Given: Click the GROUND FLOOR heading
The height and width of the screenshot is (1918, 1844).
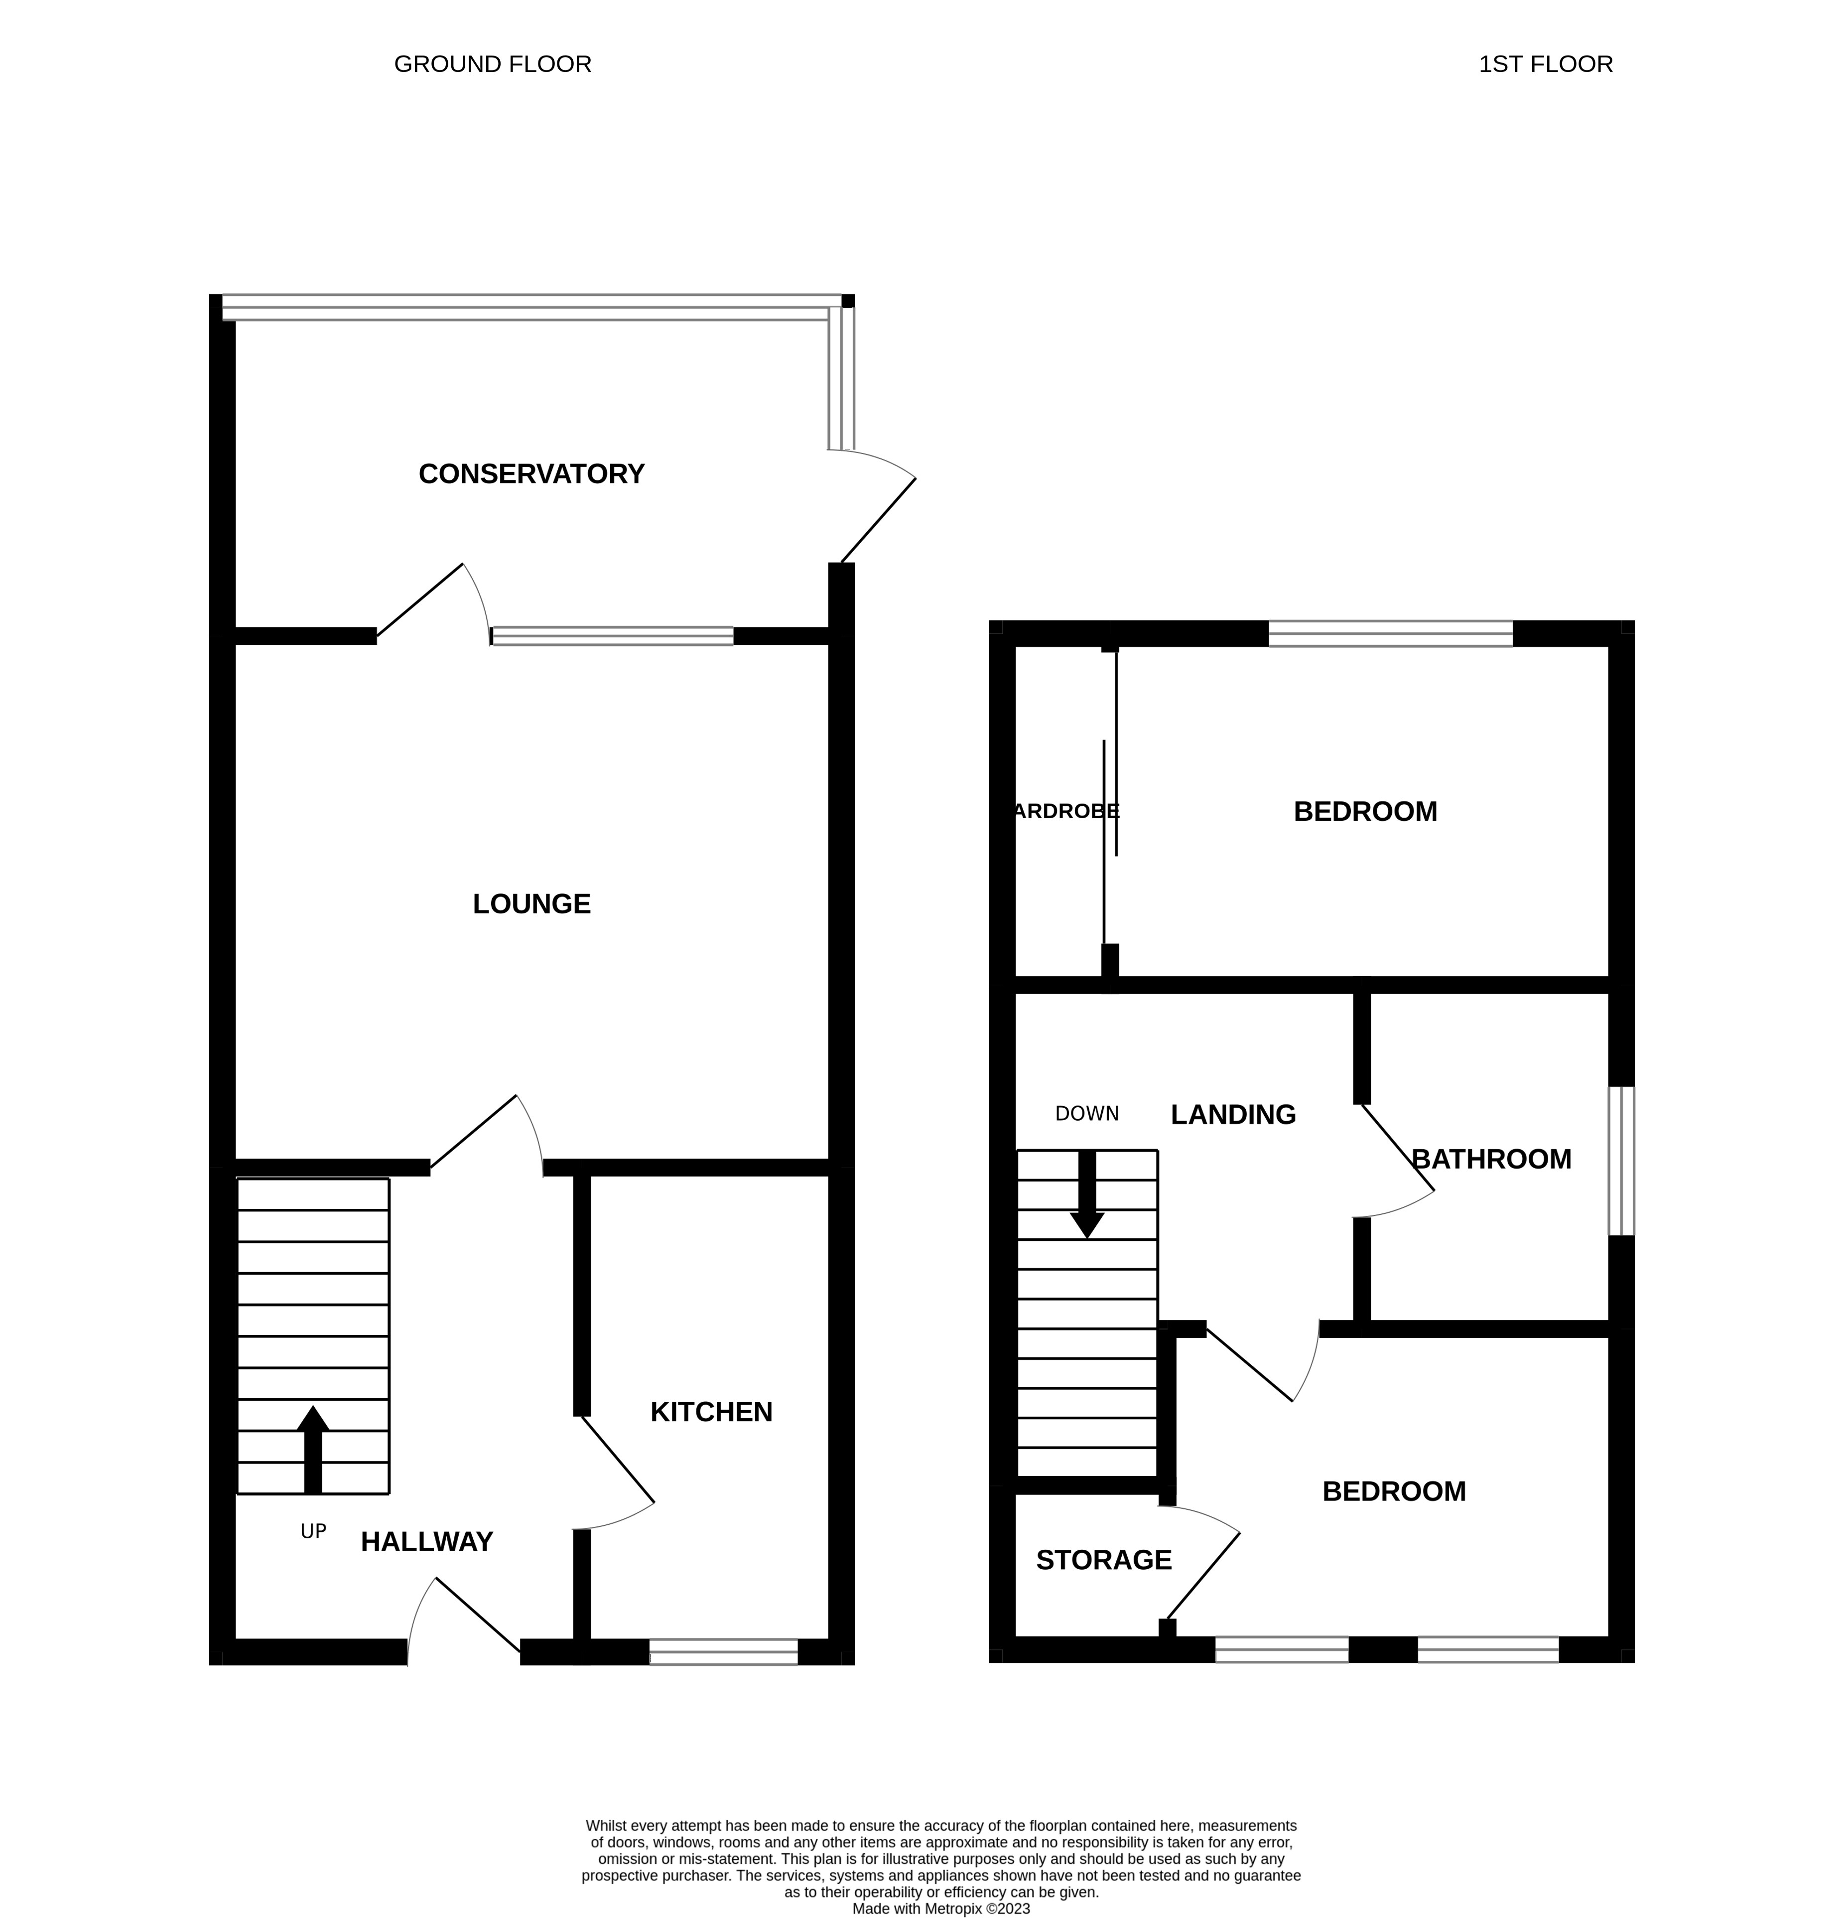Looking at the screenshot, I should (x=492, y=65).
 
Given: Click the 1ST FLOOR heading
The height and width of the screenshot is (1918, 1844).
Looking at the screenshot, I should (x=1545, y=65).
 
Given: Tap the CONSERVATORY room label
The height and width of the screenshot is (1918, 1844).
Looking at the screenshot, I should (x=531, y=473).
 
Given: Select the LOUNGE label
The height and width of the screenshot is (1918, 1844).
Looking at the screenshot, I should (x=531, y=903).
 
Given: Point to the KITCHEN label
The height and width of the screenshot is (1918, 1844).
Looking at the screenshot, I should (x=711, y=1411).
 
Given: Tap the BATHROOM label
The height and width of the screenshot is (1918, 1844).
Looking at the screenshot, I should (x=1491, y=1159).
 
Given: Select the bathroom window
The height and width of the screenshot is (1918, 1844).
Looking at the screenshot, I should (x=1621, y=1161).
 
